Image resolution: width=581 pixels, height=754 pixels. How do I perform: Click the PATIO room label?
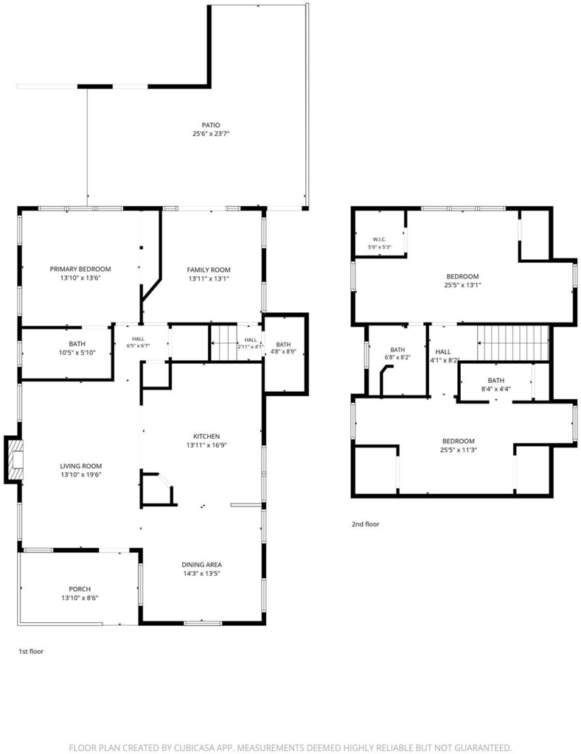click(x=211, y=125)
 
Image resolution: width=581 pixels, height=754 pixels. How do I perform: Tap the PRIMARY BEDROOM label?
click(x=80, y=269)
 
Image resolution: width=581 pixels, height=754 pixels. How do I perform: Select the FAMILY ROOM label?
click(x=209, y=269)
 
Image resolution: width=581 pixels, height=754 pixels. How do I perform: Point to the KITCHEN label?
click(x=206, y=436)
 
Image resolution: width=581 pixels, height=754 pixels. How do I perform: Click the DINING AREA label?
click(x=202, y=565)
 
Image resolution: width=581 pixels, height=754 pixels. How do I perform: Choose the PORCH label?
click(x=80, y=589)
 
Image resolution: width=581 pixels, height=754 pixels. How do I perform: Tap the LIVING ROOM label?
click(x=81, y=466)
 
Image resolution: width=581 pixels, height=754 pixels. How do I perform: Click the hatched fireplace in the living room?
click(x=15, y=459)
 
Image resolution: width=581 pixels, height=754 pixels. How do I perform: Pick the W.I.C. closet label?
click(x=379, y=239)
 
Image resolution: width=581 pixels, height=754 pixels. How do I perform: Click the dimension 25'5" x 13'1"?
click(x=462, y=285)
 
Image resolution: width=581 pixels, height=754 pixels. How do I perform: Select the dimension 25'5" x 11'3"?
click(x=459, y=450)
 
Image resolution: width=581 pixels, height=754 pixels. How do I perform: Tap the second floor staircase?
click(x=513, y=343)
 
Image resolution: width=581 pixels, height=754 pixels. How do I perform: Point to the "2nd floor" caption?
click(x=366, y=524)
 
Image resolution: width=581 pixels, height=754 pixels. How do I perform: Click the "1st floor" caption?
click(x=31, y=652)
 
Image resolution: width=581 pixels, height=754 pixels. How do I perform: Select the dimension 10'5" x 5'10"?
click(x=77, y=353)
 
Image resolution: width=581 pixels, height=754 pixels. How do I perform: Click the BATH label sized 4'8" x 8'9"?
click(x=284, y=345)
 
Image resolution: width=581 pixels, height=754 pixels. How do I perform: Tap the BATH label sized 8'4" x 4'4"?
click(x=495, y=381)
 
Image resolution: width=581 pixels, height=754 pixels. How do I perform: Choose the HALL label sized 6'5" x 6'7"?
click(x=138, y=339)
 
